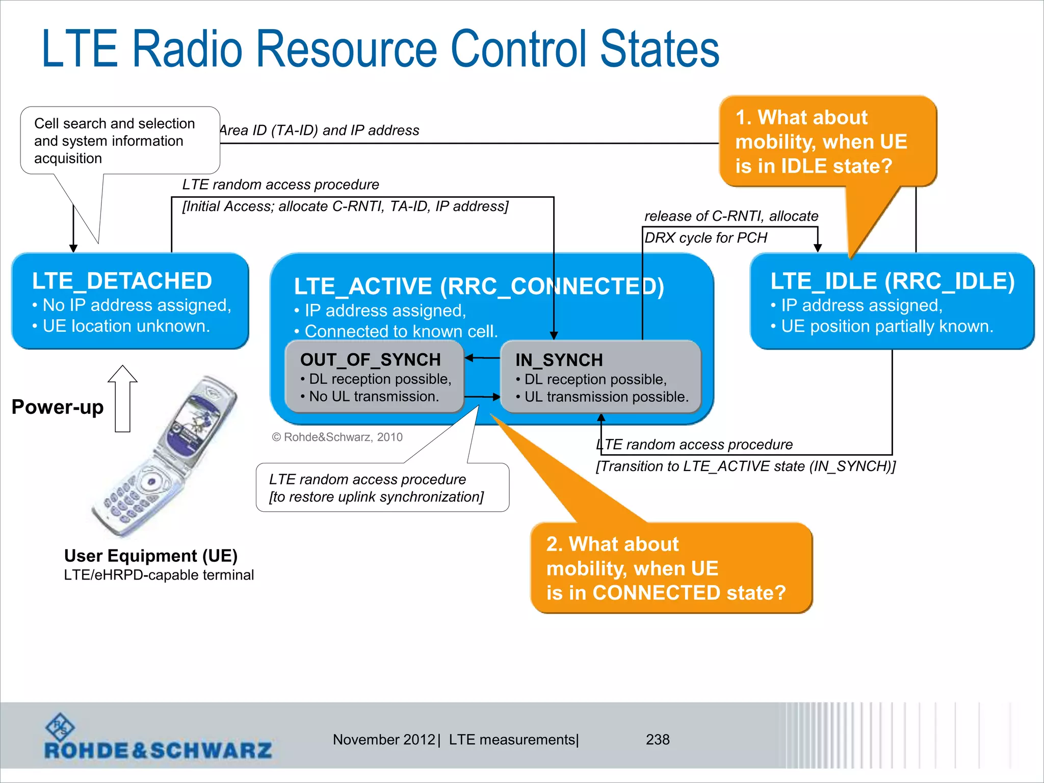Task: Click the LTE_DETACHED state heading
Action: coord(122,281)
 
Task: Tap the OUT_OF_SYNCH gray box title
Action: coord(370,360)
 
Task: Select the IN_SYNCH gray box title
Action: coord(559,360)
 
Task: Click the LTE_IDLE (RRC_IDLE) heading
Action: coord(892,281)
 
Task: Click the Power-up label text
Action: coord(58,407)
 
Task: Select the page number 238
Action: coord(658,739)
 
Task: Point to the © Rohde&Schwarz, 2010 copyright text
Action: coord(337,437)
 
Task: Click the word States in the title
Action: coord(660,49)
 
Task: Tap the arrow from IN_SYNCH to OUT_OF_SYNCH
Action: coord(482,358)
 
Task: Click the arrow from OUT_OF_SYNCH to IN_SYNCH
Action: coord(482,397)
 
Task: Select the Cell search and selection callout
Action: coord(115,141)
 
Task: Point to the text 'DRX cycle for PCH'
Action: coord(706,238)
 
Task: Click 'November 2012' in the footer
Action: coord(383,739)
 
